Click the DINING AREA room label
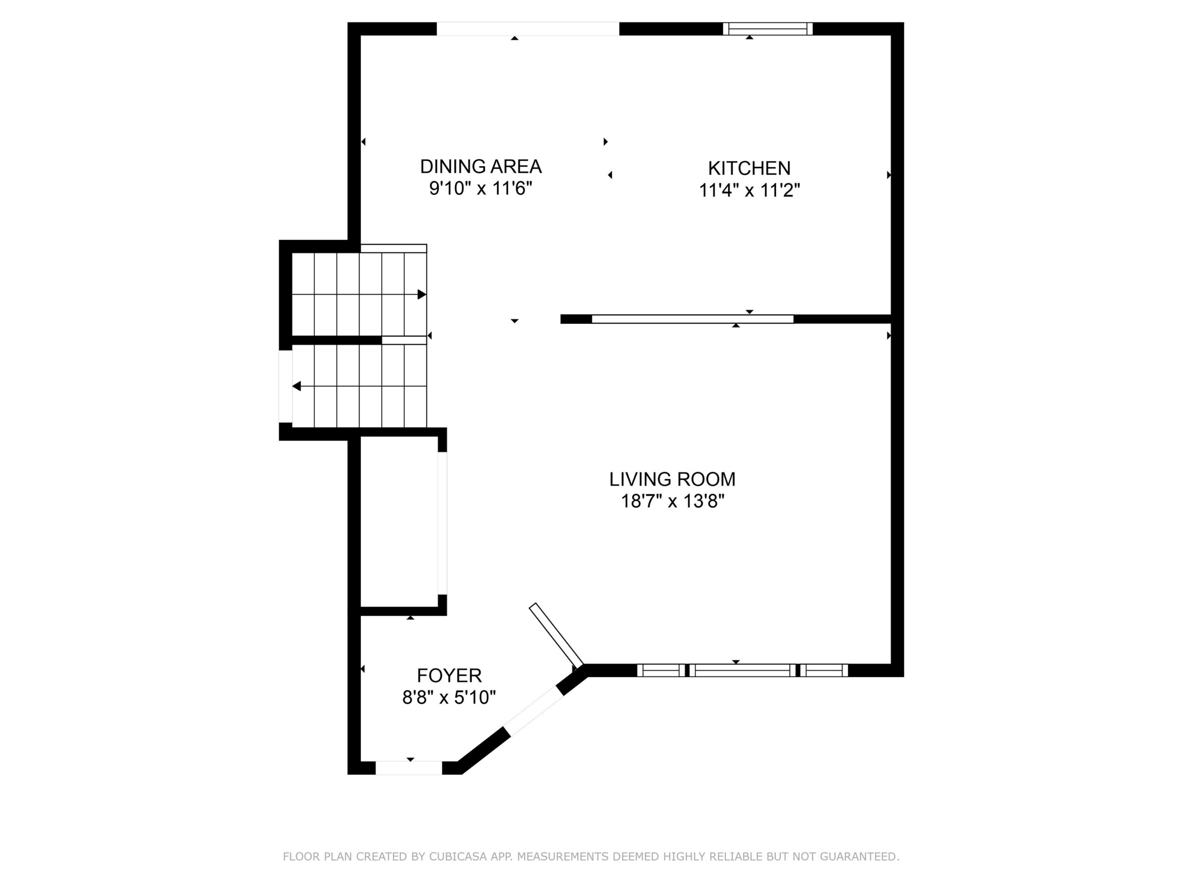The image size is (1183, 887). (x=481, y=167)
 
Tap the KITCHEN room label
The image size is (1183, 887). (x=749, y=169)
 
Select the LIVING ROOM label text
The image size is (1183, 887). (x=672, y=479)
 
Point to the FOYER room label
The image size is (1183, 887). (x=449, y=676)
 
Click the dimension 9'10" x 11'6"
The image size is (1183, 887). (x=481, y=188)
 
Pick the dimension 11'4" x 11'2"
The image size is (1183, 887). (x=749, y=190)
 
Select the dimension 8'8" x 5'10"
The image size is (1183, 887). (x=449, y=698)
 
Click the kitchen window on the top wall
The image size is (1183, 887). (x=768, y=29)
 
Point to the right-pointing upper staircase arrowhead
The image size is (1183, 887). (x=422, y=295)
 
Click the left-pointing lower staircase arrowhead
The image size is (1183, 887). (x=296, y=386)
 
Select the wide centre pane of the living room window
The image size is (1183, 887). (x=742, y=670)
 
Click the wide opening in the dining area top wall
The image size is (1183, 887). (x=528, y=29)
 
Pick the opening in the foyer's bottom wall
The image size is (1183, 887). (x=409, y=768)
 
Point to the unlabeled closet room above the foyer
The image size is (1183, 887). (x=400, y=522)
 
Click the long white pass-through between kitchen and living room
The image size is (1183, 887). (x=693, y=319)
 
